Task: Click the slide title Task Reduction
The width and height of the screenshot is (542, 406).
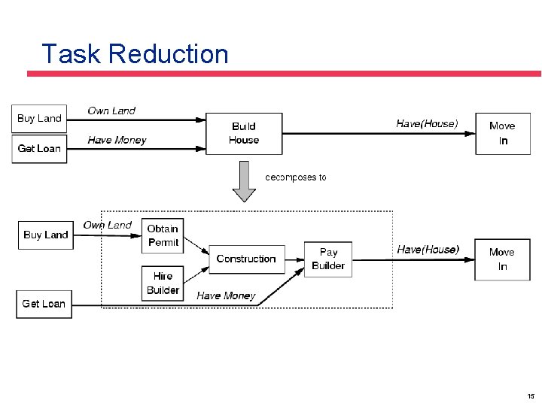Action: point(135,54)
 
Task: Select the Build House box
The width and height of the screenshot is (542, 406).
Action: point(244,134)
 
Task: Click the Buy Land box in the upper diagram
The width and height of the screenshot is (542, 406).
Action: point(39,118)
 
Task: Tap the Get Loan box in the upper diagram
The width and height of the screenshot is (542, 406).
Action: point(39,148)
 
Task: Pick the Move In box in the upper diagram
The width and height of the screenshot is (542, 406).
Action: point(503,134)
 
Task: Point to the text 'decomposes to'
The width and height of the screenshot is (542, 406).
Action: point(296,177)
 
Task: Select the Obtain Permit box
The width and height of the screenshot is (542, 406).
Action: point(163,235)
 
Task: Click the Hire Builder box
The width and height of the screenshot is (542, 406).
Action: point(163,283)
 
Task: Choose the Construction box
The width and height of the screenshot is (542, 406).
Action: point(246,259)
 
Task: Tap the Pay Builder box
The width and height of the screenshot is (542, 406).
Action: point(328,259)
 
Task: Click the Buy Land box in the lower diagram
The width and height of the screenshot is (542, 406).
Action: point(46,235)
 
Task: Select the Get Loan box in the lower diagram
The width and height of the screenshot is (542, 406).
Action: point(44,304)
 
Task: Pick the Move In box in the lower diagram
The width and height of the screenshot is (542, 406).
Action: point(502,259)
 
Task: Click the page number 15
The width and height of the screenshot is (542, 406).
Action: point(531,396)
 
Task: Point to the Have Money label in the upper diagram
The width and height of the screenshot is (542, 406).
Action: point(117,140)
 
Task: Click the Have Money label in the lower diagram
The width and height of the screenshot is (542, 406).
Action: point(226,295)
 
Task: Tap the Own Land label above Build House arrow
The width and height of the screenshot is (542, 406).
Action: point(111,111)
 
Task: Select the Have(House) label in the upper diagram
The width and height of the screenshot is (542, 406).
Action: point(427,123)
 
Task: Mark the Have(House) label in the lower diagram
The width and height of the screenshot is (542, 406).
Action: point(428,249)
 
